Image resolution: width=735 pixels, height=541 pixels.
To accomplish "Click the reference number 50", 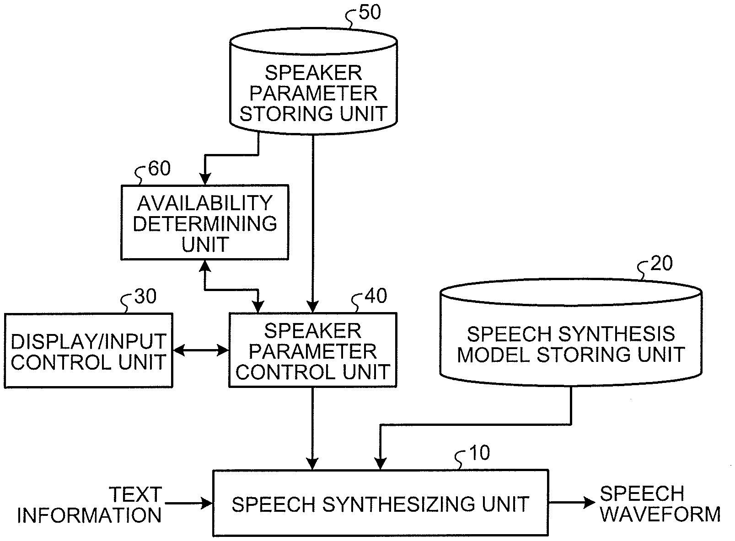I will (x=370, y=12).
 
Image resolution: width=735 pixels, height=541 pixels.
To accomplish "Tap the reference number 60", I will (x=160, y=169).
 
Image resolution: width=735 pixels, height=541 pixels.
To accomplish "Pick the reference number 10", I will (x=479, y=453).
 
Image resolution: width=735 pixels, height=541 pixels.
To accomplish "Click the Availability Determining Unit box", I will (x=204, y=223).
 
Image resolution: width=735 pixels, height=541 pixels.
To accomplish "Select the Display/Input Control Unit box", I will (x=88, y=350).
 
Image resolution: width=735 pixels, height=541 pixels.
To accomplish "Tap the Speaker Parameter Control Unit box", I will (x=312, y=350).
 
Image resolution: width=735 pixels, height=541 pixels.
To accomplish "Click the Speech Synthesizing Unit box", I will (x=380, y=503).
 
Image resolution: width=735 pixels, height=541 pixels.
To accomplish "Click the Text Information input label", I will (x=90, y=504).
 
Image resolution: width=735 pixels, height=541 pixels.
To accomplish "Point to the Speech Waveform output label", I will (x=660, y=504).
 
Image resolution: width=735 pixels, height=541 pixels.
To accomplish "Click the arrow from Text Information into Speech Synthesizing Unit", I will (x=188, y=504).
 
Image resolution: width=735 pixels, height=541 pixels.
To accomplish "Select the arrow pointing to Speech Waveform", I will (x=572, y=503).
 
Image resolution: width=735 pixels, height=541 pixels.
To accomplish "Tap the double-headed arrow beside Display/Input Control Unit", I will (x=200, y=350).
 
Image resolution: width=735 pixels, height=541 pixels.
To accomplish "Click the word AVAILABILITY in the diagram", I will (x=204, y=202).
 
